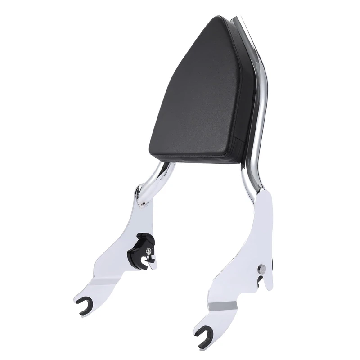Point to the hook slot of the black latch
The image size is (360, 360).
149,259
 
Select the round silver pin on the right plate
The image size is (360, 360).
260,269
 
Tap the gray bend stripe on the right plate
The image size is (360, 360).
225,306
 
